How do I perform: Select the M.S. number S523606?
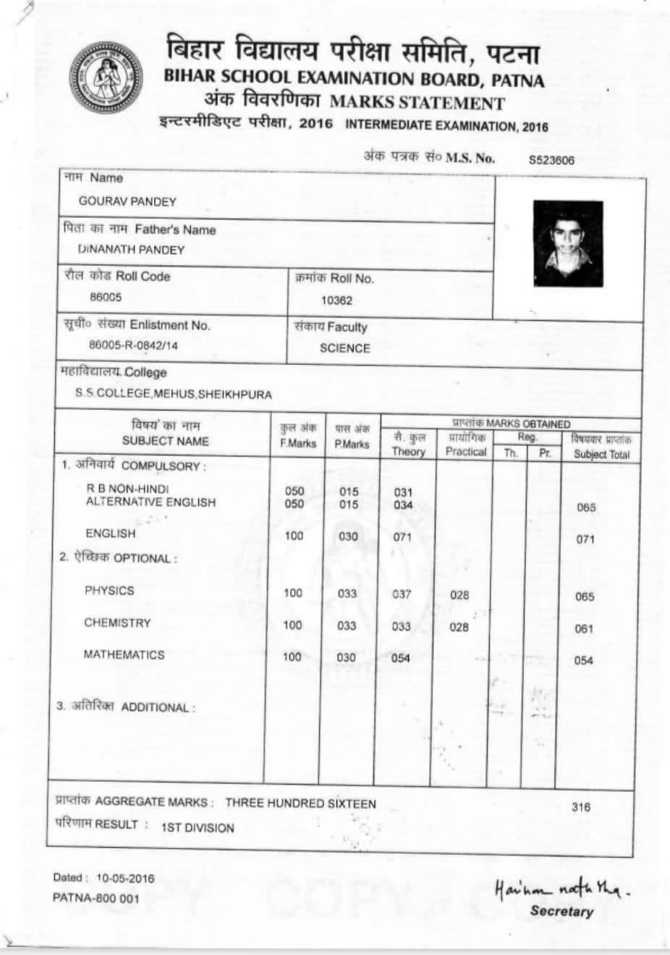pos(551,160)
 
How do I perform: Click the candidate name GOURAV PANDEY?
pos(127,201)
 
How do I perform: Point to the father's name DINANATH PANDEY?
pos(131,250)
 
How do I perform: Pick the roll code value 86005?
pos(106,297)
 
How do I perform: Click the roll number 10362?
pos(336,300)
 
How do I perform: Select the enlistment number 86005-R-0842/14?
pos(133,345)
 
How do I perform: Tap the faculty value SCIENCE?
pos(344,348)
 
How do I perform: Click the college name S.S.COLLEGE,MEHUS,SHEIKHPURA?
pos(174,395)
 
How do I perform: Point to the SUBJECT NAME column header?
pos(165,441)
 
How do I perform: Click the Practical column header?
pos(466,451)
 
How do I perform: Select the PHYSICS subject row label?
pos(109,590)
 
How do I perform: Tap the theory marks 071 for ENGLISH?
pos(402,537)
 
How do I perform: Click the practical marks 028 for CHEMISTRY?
pos(459,627)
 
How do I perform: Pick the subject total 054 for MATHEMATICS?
pos(583,660)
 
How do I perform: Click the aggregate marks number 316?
pos(581,807)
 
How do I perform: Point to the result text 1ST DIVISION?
pos(198,828)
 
